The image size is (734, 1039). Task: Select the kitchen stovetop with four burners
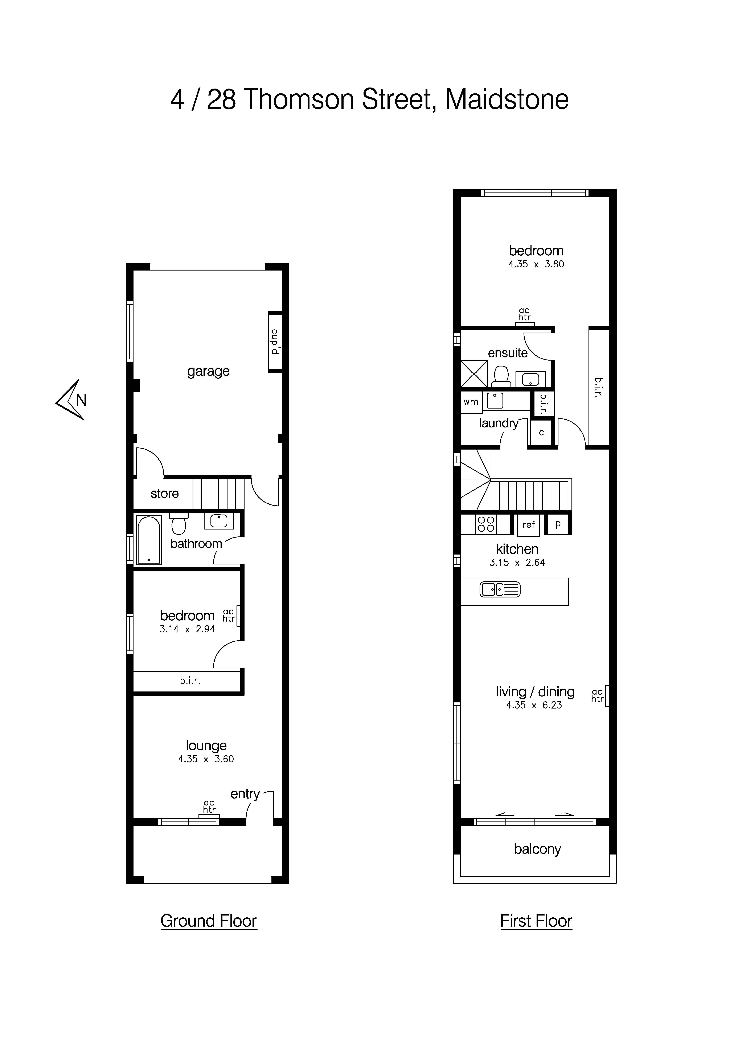pyautogui.click(x=486, y=524)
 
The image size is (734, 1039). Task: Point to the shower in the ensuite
pyautogui.click(x=474, y=374)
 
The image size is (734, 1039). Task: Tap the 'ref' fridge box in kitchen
pyautogui.click(x=528, y=524)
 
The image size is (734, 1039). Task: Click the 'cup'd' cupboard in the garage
pyautogui.click(x=275, y=341)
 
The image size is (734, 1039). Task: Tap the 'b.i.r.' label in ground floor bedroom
pyautogui.click(x=190, y=680)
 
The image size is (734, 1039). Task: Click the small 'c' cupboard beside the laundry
pyautogui.click(x=541, y=433)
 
